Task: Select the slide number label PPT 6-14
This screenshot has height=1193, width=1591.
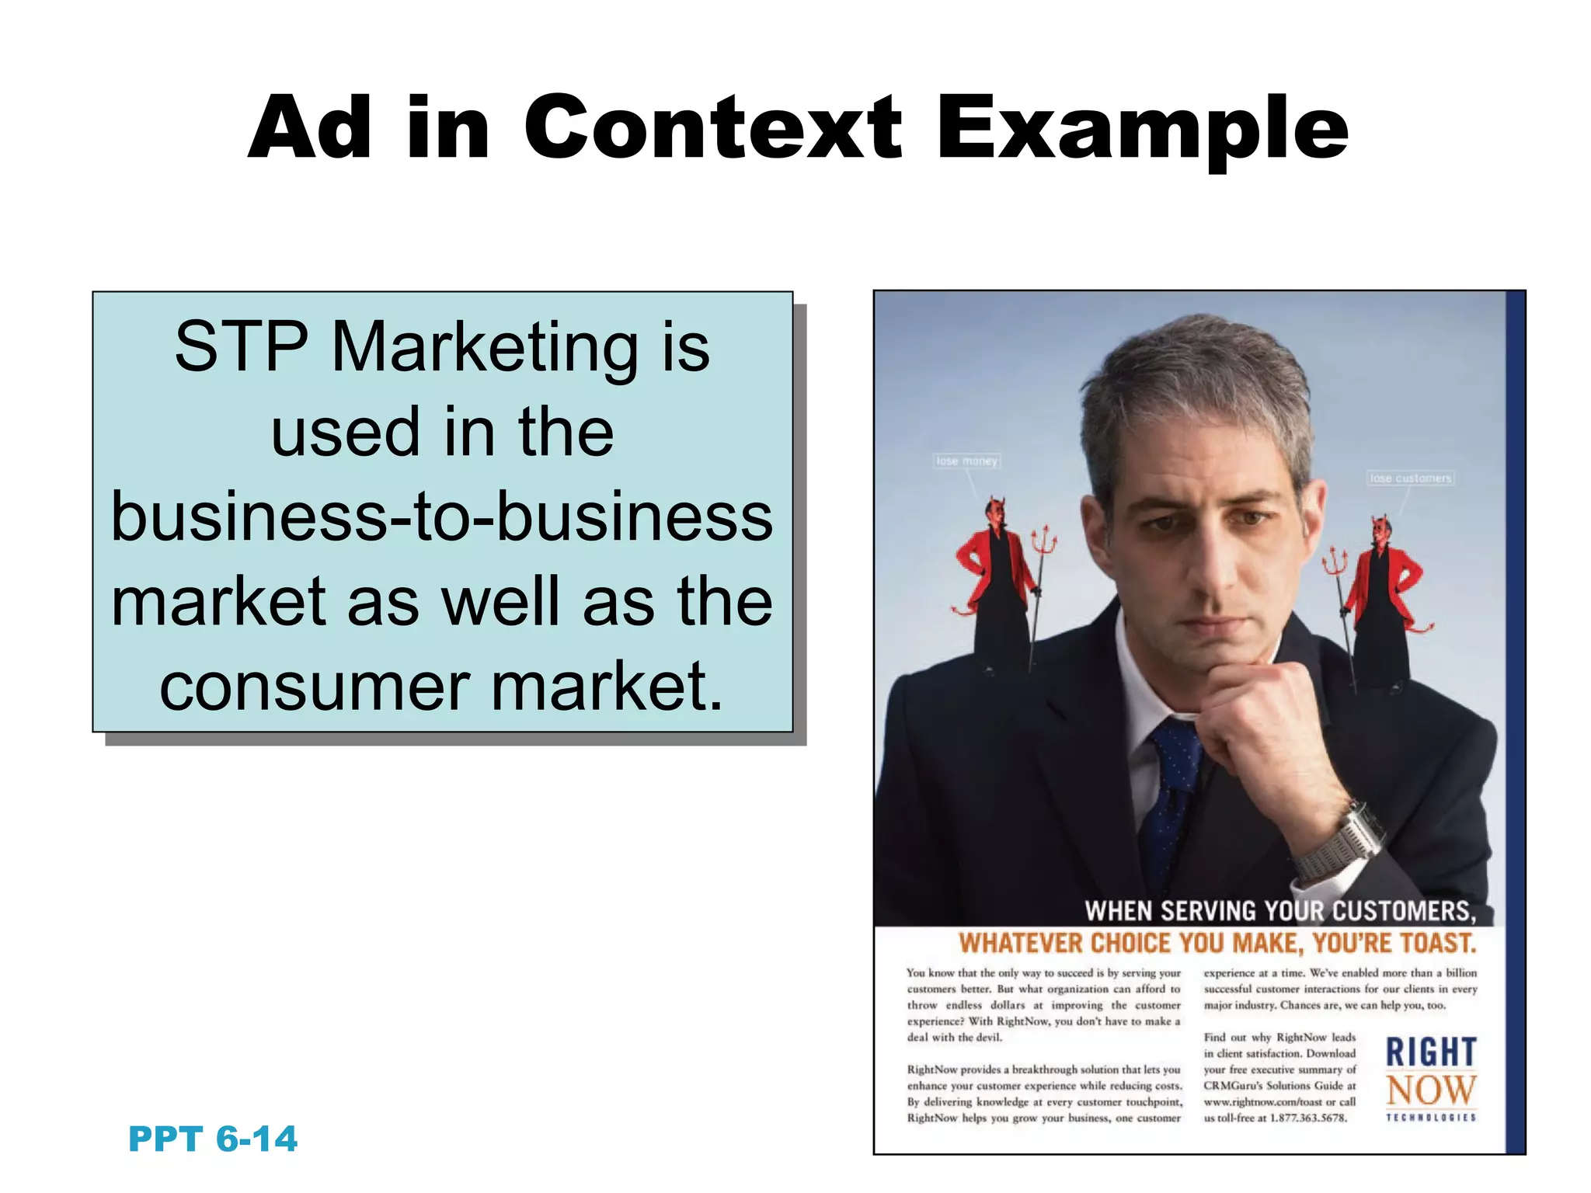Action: click(x=212, y=1139)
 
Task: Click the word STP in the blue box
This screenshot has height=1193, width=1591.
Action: click(x=242, y=346)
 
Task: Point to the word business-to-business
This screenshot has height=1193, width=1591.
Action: click(x=442, y=517)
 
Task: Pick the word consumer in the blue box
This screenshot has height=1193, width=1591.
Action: click(x=315, y=687)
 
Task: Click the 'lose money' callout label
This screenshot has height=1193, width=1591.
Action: click(x=966, y=461)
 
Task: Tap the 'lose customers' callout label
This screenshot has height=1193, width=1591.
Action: click(x=1410, y=478)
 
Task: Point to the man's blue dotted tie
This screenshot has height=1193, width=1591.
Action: click(x=1173, y=792)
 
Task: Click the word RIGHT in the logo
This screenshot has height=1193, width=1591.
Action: click(x=1430, y=1052)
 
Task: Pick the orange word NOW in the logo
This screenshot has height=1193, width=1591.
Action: click(x=1430, y=1090)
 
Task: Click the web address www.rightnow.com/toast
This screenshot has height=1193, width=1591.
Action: click(x=1259, y=1102)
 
